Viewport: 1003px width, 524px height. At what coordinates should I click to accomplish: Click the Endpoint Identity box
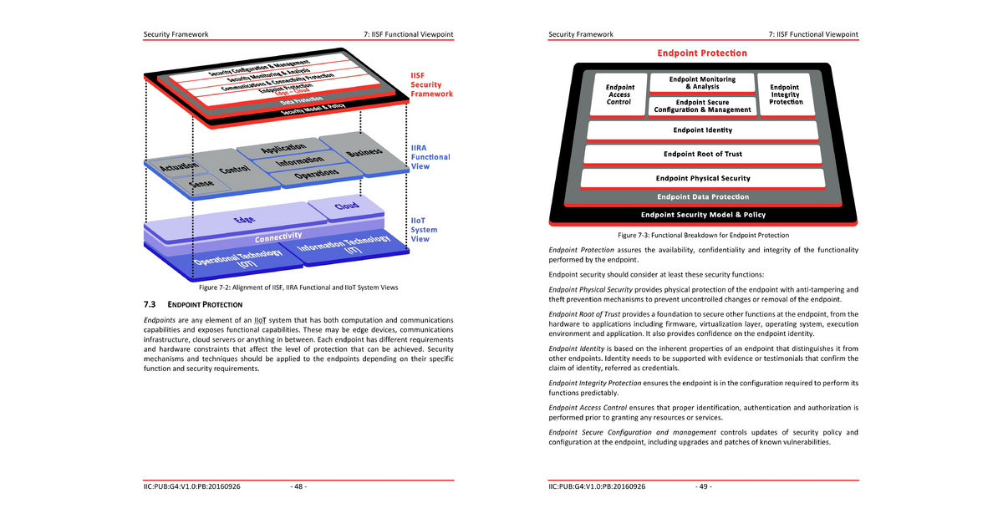[702, 130]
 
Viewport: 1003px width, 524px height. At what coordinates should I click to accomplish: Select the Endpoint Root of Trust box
[702, 155]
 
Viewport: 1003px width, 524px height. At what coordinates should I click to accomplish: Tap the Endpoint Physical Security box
[702, 178]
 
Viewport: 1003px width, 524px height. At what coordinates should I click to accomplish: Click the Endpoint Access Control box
[619, 94]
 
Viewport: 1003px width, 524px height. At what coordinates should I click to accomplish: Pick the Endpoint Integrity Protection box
[784, 94]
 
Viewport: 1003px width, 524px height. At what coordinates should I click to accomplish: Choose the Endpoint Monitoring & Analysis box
[702, 83]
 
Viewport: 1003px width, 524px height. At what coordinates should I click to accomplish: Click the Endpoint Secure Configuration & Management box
[702, 106]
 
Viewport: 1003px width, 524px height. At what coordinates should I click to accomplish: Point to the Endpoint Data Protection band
[702, 197]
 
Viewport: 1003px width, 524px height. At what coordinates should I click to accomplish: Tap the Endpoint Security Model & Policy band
[702, 215]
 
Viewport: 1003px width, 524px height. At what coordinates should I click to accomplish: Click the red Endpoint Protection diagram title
[702, 53]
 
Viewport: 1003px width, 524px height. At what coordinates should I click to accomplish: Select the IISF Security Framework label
[431, 84]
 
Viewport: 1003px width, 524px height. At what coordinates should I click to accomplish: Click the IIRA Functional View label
[430, 157]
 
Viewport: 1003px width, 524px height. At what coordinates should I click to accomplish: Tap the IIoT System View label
[424, 230]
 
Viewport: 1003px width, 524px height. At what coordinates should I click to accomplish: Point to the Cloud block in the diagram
[347, 206]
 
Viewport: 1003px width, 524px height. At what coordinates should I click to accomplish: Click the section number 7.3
[151, 304]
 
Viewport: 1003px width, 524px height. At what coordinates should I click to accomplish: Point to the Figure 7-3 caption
[703, 235]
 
